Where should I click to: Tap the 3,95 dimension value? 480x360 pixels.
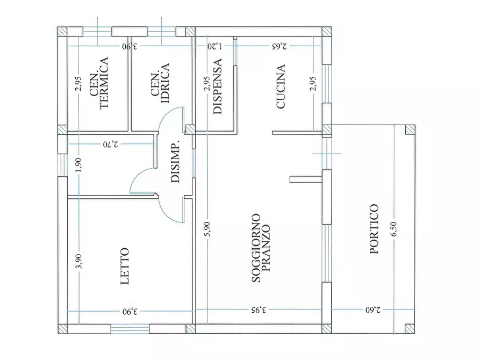coord(257,310)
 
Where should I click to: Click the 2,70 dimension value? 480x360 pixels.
coord(110,145)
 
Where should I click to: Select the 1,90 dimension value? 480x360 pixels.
coord(78,165)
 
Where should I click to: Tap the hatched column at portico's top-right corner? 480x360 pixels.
coord(410,129)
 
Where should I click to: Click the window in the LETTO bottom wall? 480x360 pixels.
coord(130,329)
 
